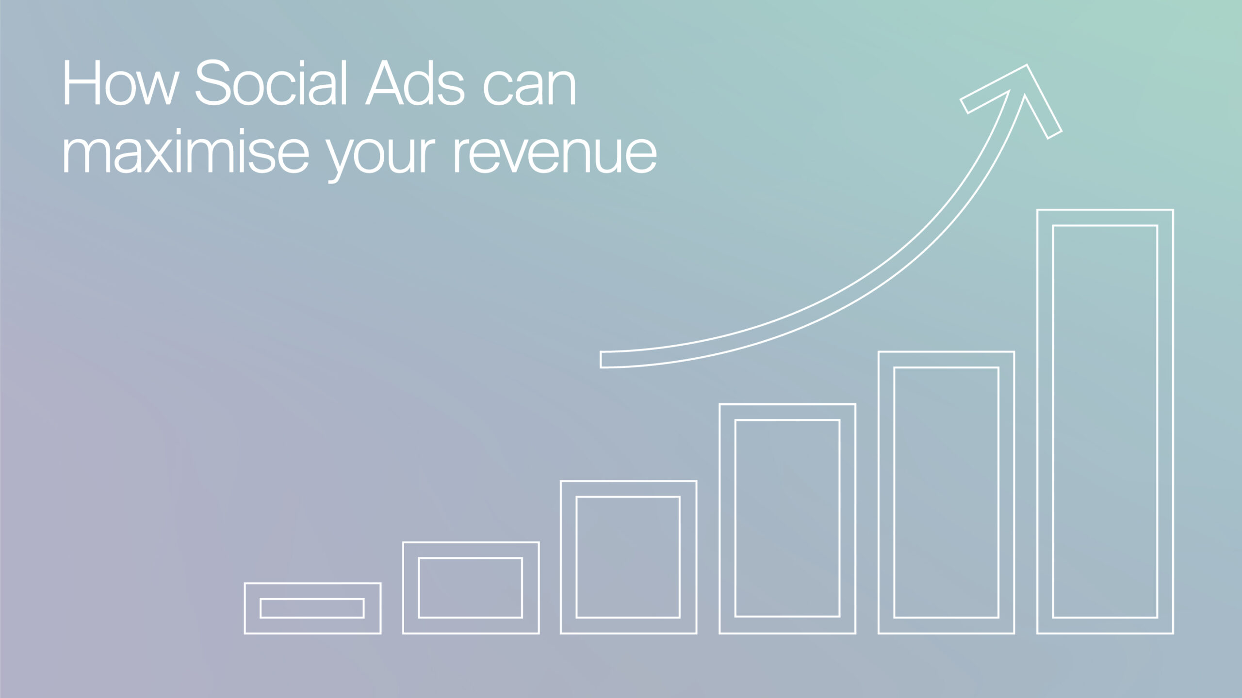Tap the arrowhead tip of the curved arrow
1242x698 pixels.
pos(1027,65)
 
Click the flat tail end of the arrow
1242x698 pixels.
pos(601,360)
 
